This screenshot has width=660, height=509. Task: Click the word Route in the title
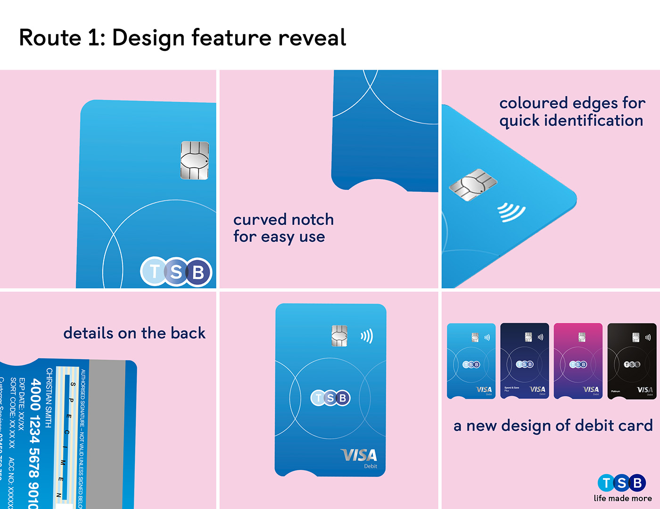pos(50,38)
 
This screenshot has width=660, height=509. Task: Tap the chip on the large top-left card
pos(195,161)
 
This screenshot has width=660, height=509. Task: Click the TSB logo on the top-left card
pos(176,272)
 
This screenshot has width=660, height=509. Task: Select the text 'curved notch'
pos(283,220)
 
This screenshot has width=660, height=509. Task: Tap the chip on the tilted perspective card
pos(473,184)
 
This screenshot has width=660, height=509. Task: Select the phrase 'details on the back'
pos(134,333)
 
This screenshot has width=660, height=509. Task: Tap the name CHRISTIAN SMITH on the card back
pos(49,398)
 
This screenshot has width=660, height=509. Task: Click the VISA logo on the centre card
pos(359,455)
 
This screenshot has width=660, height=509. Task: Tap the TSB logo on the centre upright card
pos(330,398)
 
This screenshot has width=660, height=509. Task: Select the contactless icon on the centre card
pos(367,336)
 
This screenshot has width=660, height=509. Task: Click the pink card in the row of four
pos(578,361)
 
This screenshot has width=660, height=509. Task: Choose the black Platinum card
pos(632,361)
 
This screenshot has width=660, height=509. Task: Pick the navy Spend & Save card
pos(524,361)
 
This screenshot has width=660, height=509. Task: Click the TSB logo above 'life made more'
pos(622,483)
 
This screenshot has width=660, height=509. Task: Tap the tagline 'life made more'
pos(623,498)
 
